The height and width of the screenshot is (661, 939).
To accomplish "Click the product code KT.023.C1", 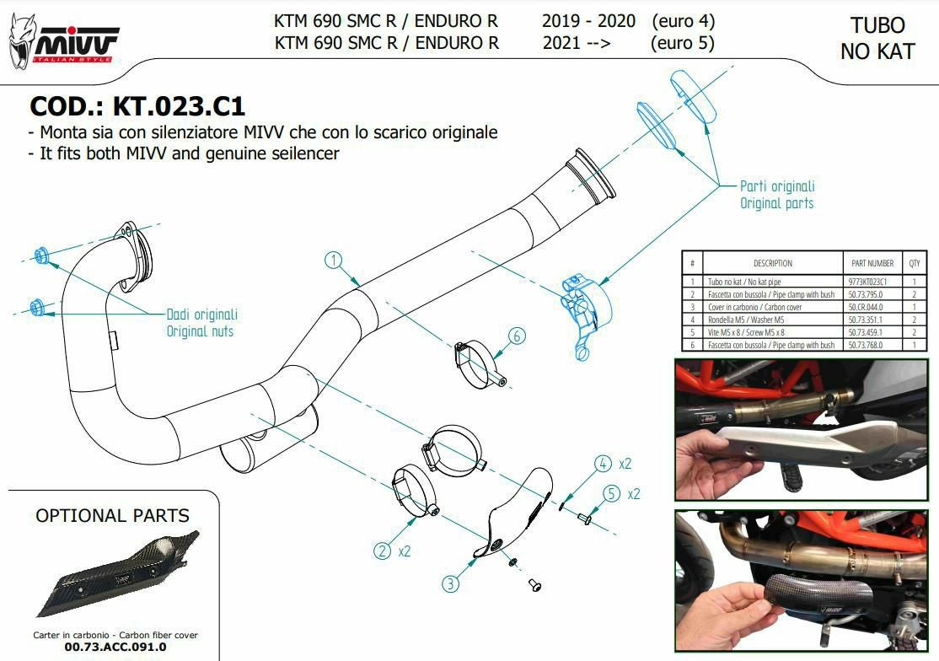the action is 179,106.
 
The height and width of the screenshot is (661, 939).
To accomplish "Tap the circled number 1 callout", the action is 334,261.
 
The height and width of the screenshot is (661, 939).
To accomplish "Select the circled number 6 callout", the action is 517,336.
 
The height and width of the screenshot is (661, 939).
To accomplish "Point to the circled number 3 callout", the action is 451,583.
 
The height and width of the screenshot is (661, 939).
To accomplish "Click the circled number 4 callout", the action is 603,464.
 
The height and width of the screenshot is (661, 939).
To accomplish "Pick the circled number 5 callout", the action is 611,493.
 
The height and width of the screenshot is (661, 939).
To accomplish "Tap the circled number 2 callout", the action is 382,551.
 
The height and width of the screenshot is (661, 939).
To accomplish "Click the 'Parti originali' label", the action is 777,186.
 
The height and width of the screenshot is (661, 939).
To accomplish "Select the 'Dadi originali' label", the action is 201,314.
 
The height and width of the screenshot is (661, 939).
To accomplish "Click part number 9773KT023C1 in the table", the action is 867,282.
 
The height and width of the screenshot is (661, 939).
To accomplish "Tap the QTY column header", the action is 914,263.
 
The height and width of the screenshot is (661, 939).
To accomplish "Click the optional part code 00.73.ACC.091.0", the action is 115,648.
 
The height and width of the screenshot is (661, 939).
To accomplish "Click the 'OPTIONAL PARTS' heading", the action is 113,515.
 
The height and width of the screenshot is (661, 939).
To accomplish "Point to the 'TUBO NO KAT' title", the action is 878,38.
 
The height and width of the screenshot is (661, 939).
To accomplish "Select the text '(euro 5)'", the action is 682,43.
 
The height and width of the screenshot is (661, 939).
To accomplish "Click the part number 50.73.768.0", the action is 866,345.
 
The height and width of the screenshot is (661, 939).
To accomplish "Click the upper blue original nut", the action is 41,255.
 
